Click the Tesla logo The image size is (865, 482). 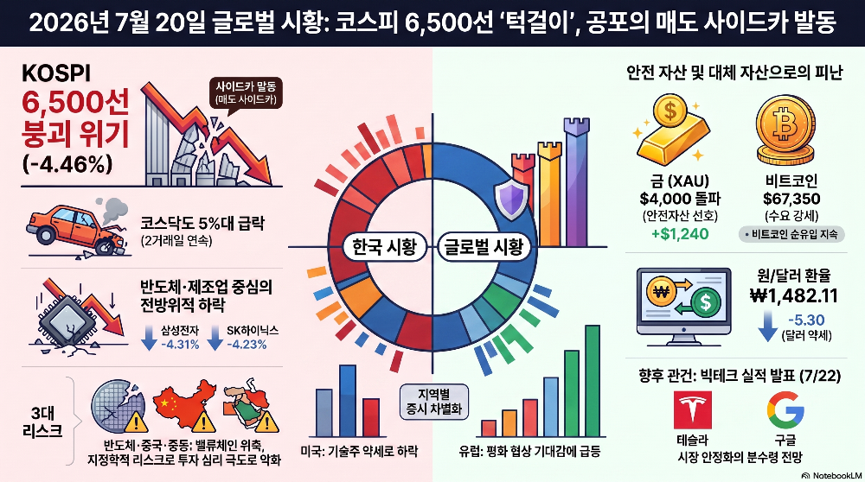pyautogui.click(x=692, y=409)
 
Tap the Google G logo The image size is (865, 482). pyautogui.click(x=785, y=410)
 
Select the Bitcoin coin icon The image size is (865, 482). pyautogui.click(x=785, y=130)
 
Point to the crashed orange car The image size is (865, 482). pyautogui.click(x=78, y=228)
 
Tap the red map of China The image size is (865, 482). pyautogui.click(x=184, y=405)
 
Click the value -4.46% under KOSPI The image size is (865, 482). pyautogui.click(x=67, y=163)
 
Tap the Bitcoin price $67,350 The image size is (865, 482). pyautogui.click(x=791, y=199)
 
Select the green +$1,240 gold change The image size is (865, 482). pyautogui.click(x=680, y=234)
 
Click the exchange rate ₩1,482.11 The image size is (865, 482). pyautogui.click(x=793, y=295)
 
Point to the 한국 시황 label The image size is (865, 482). pyautogui.click(x=384, y=247)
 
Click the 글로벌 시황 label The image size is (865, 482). pyautogui.click(x=484, y=247)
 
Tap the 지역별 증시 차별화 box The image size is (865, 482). pyautogui.click(x=434, y=402)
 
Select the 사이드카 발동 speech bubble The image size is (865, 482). pyautogui.click(x=246, y=93)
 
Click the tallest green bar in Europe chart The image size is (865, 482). pyautogui.click(x=592, y=381)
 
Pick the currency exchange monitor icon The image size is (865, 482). pyautogui.click(x=683, y=307)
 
